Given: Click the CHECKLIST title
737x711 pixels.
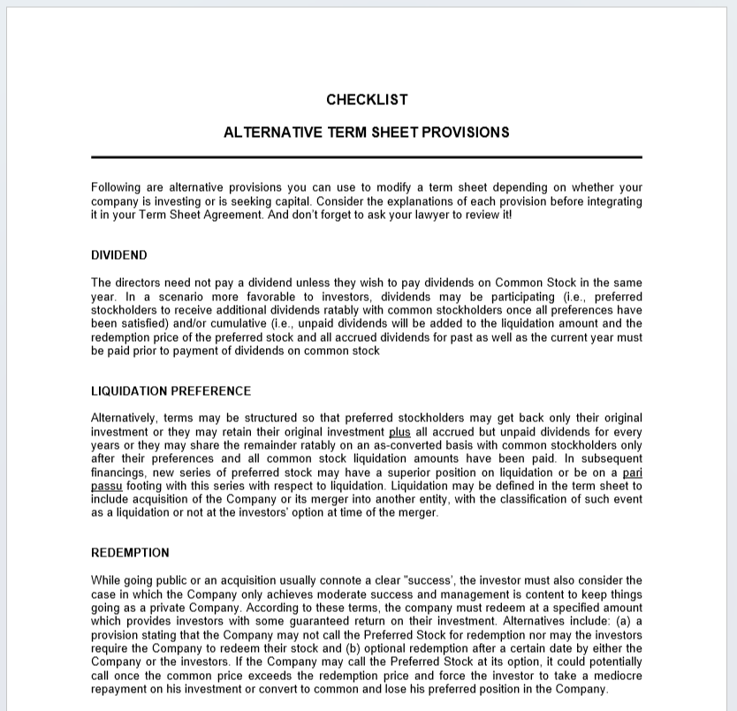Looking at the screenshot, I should (367, 100).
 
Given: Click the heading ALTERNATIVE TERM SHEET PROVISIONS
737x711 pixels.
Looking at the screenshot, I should (367, 132).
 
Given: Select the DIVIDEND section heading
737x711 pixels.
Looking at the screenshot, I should (119, 255).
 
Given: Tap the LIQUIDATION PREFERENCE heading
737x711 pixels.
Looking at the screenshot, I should (171, 391).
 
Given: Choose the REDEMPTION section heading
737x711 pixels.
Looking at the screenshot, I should (130, 553).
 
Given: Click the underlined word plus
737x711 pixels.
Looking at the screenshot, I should (399, 432).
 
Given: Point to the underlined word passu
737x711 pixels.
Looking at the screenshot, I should (106, 486).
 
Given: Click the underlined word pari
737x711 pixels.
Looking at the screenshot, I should (633, 473).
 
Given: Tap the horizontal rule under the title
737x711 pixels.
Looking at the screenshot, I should (367, 157).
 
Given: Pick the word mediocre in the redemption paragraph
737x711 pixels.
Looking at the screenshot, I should (616, 676).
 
